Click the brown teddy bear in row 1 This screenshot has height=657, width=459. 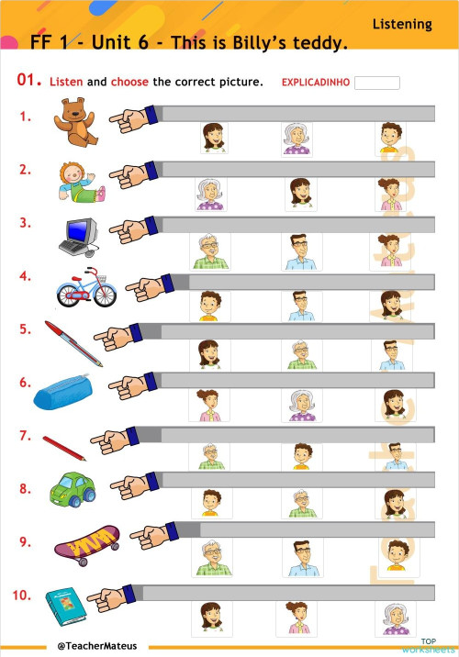click(76, 122)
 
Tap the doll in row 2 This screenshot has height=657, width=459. click(82, 183)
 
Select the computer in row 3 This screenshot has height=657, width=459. click(79, 237)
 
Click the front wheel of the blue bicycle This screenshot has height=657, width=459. click(105, 295)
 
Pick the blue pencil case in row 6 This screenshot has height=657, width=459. click(62, 392)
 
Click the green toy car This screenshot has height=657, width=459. click(73, 489)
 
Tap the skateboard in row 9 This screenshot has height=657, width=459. click(87, 545)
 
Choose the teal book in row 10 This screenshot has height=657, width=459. click(66, 607)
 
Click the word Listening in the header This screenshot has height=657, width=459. click(402, 25)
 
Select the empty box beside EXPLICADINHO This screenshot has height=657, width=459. click(377, 83)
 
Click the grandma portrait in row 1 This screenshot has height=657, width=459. click(297, 139)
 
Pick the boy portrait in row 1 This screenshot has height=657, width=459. click(390, 138)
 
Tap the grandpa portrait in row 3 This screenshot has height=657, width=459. click(210, 251)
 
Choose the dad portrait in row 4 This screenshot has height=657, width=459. click(301, 306)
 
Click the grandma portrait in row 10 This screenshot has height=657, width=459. click(396, 618)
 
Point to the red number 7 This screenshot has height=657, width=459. click(25, 436)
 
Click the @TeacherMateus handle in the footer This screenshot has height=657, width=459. click(96, 646)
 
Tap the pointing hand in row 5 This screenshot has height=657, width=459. click(118, 337)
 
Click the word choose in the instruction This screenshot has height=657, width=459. click(129, 82)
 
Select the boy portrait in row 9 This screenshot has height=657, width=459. click(397, 555)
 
